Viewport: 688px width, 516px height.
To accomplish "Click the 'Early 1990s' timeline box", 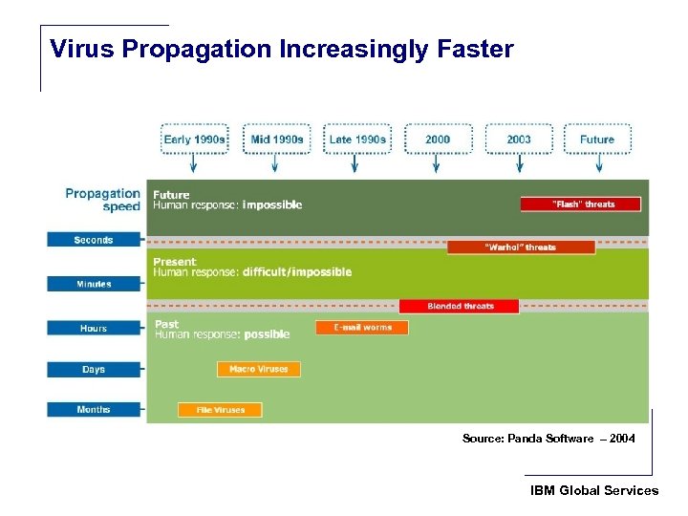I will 195,140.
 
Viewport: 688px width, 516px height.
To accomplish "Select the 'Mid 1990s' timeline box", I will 276,140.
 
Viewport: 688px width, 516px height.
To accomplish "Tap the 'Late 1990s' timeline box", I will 357,140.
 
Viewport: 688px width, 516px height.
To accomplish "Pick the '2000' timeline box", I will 438,140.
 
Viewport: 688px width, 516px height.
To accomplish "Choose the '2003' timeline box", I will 519,140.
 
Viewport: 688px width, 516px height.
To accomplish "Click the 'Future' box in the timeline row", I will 597,140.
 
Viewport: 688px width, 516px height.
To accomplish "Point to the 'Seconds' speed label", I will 94,240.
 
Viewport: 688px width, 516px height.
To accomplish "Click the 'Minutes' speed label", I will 94,284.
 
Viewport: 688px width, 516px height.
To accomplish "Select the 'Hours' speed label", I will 94,328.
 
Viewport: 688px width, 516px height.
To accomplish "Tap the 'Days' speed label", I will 94,369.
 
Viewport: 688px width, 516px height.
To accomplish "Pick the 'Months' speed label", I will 94,410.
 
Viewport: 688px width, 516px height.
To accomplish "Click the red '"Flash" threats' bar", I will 581,204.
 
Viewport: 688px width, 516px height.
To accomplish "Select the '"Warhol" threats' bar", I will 521,247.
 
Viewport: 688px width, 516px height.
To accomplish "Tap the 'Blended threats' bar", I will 460,307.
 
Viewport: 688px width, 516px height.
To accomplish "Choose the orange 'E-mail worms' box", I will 362,328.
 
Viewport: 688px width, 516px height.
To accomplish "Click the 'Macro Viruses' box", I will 259,369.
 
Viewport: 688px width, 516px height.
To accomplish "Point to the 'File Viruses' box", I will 220,410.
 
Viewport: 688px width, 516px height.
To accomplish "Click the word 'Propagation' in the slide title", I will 192,49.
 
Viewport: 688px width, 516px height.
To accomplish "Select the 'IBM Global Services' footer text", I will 594,490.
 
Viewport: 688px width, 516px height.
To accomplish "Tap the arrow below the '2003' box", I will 519,164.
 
